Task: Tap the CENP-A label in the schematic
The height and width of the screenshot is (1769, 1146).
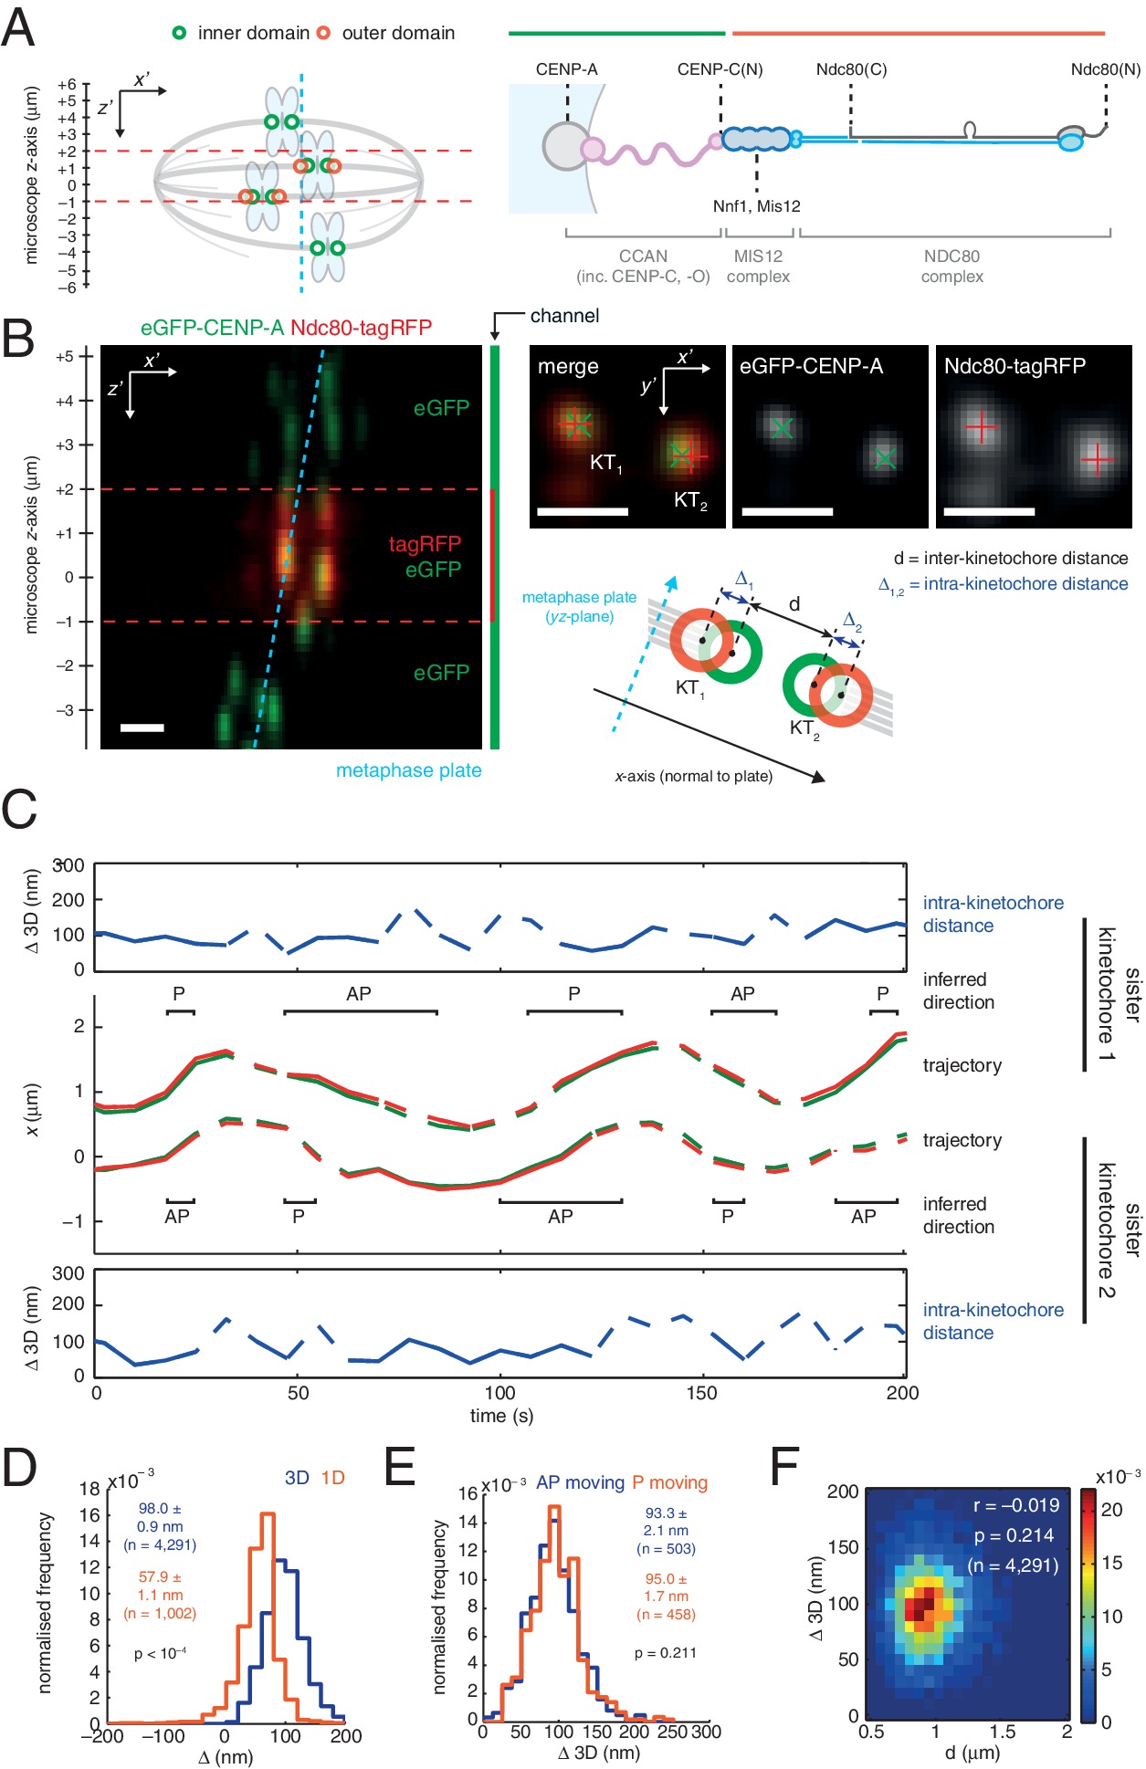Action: tap(566, 69)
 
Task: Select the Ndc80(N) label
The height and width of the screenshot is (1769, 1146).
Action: tap(1105, 69)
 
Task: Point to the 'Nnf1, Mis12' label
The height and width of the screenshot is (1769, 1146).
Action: tap(756, 206)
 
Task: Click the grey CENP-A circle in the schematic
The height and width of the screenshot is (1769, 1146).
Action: tap(566, 147)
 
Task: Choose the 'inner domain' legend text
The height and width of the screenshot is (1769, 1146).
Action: tap(253, 34)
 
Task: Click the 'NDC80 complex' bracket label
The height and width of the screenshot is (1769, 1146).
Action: tap(951, 267)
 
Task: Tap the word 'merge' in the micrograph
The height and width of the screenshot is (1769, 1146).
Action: tap(568, 367)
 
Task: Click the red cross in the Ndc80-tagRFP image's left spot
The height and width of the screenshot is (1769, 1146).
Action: tap(980, 426)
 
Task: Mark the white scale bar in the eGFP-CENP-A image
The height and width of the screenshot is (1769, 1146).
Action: tap(787, 512)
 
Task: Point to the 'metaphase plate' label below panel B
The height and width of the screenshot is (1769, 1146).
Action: tap(408, 770)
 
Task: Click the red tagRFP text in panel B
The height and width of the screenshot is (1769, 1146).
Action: tap(425, 545)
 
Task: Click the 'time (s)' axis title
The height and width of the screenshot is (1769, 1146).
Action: tap(501, 1416)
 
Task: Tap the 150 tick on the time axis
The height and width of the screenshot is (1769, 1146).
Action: tap(701, 1393)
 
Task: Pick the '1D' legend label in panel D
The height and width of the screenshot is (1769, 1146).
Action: tap(332, 1478)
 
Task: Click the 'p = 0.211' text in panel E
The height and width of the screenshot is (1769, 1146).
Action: tap(666, 1653)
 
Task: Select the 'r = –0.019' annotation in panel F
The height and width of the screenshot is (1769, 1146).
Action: tap(1015, 1505)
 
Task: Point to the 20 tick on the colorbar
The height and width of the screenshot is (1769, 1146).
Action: tap(1111, 1510)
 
